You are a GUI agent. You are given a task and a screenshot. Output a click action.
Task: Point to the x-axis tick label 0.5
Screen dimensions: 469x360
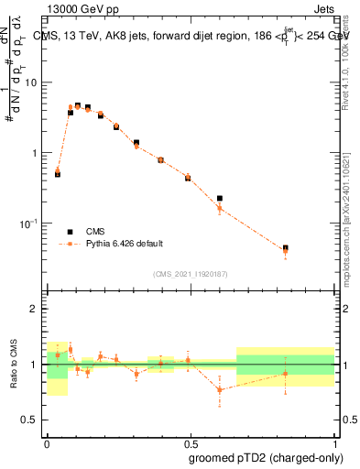[191, 441]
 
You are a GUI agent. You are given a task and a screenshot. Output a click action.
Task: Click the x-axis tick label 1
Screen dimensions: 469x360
[333, 441]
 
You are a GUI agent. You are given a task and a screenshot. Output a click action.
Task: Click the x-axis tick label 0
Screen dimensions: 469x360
[48, 441]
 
